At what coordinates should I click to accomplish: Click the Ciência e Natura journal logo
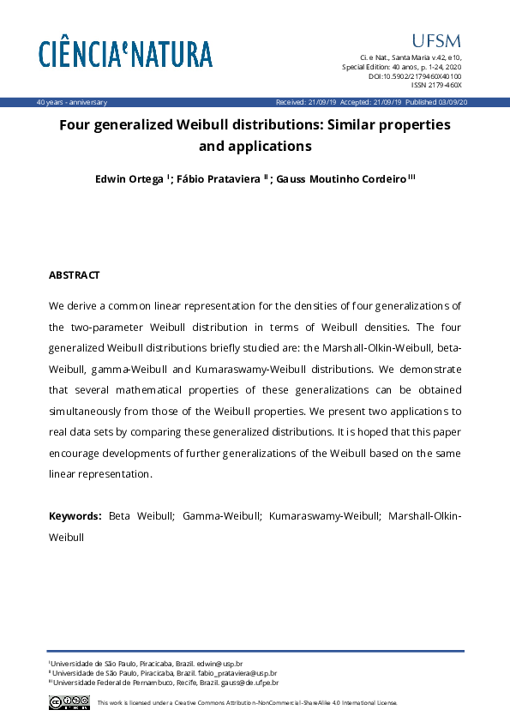coord(125,54)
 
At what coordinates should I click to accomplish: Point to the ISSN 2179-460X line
coord(436,86)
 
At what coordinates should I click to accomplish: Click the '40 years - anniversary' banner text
coord(72,102)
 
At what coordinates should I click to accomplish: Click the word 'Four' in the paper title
coord(75,125)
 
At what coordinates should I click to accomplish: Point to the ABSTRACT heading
coord(75,275)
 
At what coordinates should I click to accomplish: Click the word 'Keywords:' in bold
coord(75,516)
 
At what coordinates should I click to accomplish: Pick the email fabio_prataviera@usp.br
coord(239,673)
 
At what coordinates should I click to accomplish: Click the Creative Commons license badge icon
coord(69,702)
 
